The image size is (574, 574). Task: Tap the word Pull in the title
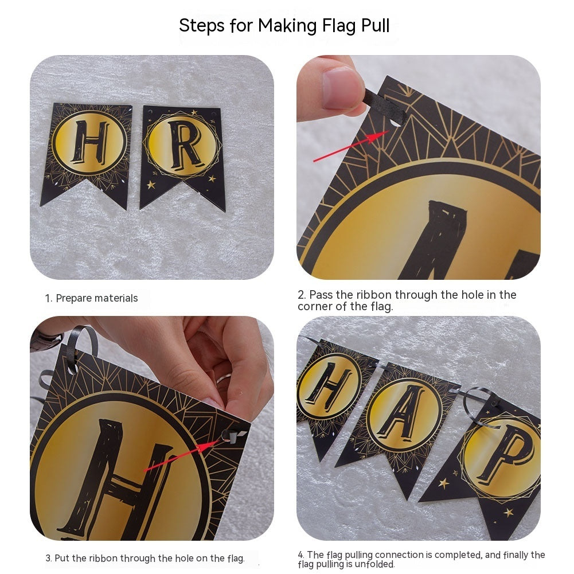(x=372, y=26)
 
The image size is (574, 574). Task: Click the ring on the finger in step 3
(x=223, y=378)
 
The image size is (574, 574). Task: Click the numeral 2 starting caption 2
(x=301, y=295)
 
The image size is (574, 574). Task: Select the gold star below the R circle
(x=151, y=185)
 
